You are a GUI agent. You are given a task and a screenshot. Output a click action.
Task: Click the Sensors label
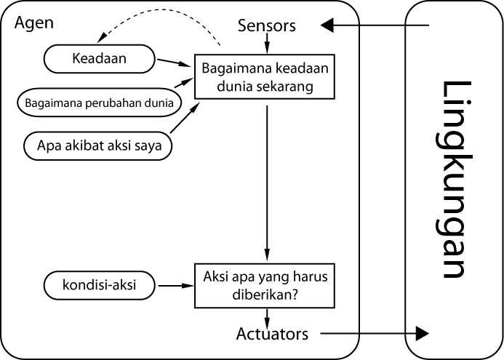[267, 26]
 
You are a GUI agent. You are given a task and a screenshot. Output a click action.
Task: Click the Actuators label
[272, 335]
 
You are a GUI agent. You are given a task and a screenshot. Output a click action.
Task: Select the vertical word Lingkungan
[452, 180]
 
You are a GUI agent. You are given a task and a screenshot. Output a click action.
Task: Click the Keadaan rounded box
[100, 59]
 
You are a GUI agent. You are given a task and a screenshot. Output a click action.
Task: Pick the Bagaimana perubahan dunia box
[98, 103]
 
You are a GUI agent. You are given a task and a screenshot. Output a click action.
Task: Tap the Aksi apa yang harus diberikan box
[267, 286]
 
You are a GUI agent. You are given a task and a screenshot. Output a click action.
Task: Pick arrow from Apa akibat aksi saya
[186, 120]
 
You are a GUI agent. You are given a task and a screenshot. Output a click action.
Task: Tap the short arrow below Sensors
[268, 44]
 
